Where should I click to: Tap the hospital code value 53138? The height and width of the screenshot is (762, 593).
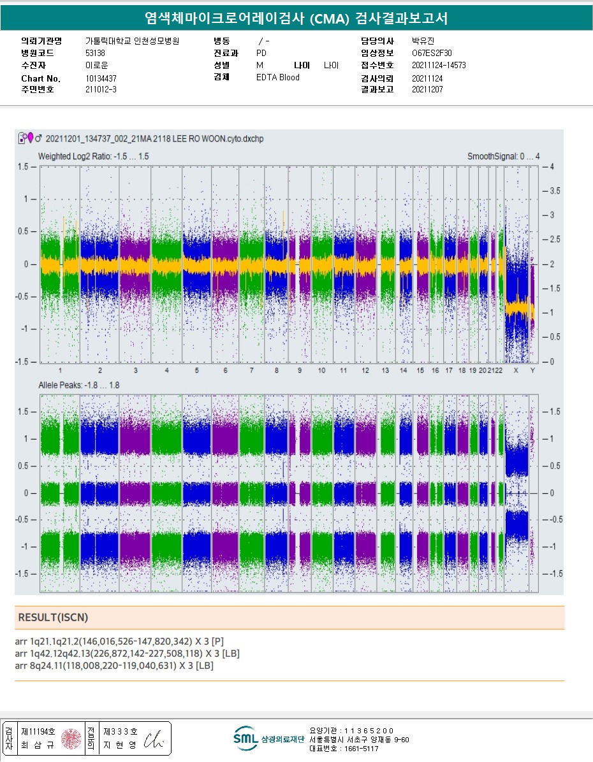tap(95, 53)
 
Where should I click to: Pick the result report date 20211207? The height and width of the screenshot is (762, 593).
tap(427, 90)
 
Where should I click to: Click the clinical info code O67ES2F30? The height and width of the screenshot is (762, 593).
tap(432, 53)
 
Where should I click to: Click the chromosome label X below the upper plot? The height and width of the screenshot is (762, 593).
tap(516, 370)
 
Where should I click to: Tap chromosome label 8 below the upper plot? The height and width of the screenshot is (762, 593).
tap(277, 370)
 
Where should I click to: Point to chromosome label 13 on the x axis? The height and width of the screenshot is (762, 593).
tap(385, 370)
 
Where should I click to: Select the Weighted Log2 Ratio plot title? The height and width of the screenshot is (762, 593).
tap(94, 156)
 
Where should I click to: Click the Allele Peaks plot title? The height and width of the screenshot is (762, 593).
tap(78, 385)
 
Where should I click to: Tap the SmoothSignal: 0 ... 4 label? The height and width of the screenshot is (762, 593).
tap(503, 156)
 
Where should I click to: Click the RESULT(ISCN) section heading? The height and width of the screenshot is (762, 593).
tap(53, 617)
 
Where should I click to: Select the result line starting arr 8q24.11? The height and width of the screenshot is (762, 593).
tap(113, 666)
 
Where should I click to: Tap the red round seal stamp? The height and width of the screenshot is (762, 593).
tap(70, 739)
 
